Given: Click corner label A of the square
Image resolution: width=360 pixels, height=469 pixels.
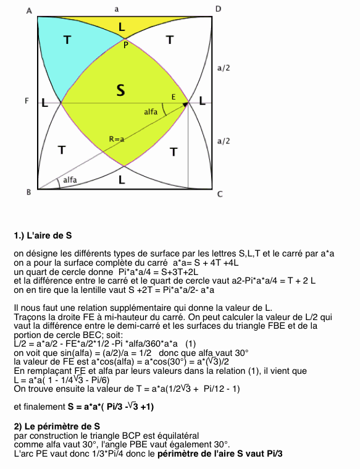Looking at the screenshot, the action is [x=30, y=9].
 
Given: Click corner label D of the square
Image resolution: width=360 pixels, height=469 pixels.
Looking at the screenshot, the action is [x=218, y=9].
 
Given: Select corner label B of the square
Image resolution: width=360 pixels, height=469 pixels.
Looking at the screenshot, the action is [x=28, y=193].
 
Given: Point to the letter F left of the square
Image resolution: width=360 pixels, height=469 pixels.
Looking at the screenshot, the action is [x=27, y=101].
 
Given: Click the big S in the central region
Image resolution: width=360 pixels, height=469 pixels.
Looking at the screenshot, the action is [x=121, y=91].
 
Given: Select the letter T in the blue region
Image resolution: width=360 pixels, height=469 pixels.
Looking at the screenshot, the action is [x=67, y=40].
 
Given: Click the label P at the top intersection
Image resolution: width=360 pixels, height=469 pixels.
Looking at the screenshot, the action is [x=125, y=44].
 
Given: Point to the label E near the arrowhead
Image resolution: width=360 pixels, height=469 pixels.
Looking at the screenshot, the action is [x=174, y=98].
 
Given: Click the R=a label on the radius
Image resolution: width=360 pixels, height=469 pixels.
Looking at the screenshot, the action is [x=117, y=139].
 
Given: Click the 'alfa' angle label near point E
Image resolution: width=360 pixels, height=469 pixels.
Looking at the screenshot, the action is [x=151, y=112].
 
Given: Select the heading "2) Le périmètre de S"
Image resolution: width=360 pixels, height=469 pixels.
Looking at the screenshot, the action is [x=57, y=426].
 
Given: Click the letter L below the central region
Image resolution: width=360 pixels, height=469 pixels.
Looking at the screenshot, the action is [x=122, y=180].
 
